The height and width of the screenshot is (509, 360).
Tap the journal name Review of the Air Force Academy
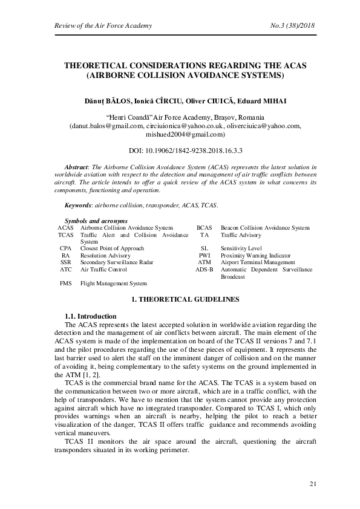point(94,25)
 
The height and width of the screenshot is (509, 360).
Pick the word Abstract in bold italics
point(77,165)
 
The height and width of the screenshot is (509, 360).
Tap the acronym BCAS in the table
point(204,228)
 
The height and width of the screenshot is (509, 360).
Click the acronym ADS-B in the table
point(204,270)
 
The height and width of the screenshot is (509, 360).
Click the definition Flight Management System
point(114,284)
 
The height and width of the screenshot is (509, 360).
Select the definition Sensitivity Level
point(241,248)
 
